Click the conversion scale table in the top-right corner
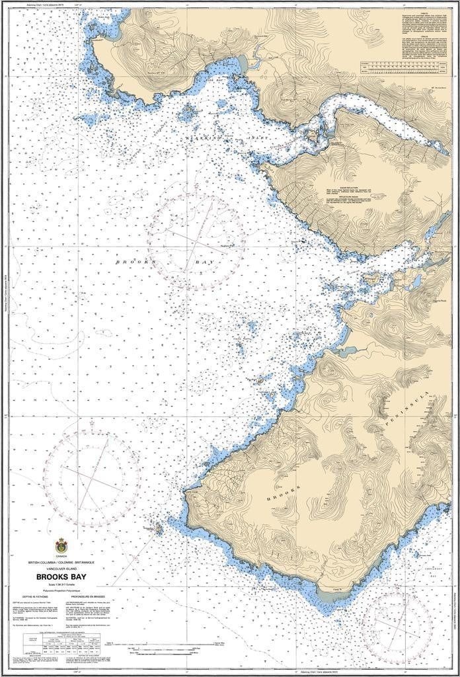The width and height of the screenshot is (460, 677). point(403,65)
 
